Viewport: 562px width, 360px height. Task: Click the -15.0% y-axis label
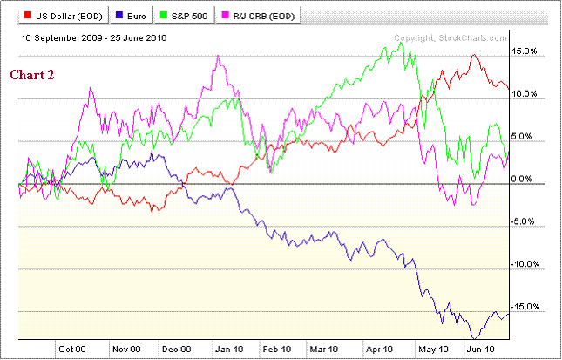click(528, 306)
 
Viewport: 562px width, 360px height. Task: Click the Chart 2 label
click(32, 75)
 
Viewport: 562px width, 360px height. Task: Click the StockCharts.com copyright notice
click(450, 38)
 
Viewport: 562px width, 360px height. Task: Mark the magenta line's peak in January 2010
click(218, 57)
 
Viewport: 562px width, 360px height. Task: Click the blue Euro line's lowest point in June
click(475, 337)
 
